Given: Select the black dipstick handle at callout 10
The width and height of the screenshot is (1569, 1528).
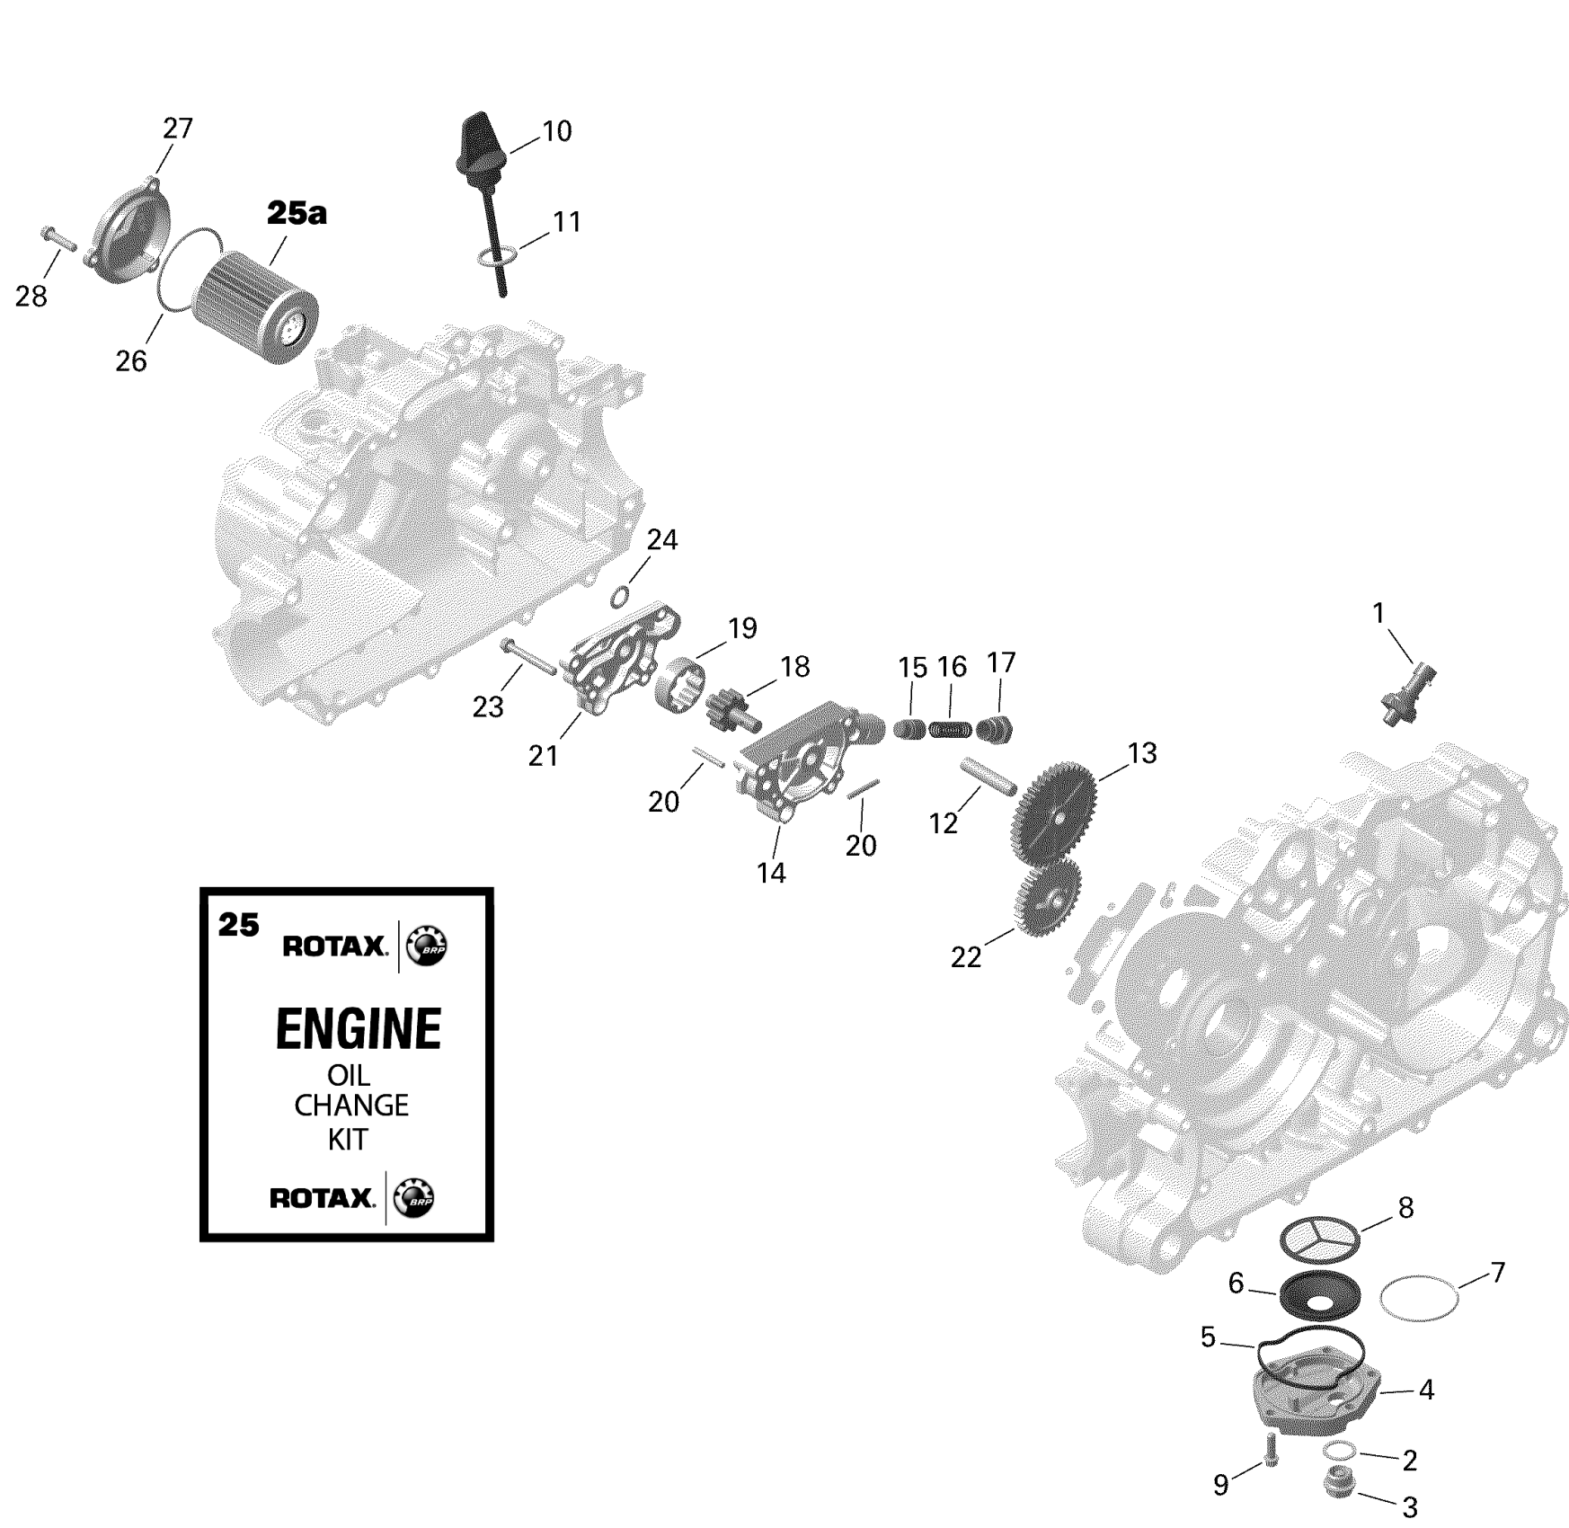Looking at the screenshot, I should click(x=480, y=144).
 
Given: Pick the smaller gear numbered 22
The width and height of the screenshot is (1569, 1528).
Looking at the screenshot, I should click(x=1048, y=893).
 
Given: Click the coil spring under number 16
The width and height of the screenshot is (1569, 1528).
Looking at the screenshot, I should click(x=950, y=730).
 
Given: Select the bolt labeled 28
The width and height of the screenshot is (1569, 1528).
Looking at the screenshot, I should click(x=57, y=239).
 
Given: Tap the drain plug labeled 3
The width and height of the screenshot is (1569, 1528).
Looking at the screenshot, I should click(x=1339, y=1482).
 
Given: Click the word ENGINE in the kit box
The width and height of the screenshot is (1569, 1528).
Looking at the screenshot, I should click(x=358, y=1028).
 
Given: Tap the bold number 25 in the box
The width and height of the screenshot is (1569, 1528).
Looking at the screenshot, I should click(x=238, y=924).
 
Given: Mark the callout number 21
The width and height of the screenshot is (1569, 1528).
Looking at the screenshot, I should click(x=543, y=756).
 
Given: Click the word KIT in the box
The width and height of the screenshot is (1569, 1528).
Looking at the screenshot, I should click(x=348, y=1139).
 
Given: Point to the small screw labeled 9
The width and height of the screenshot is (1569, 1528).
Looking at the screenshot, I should click(x=1270, y=1450).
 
